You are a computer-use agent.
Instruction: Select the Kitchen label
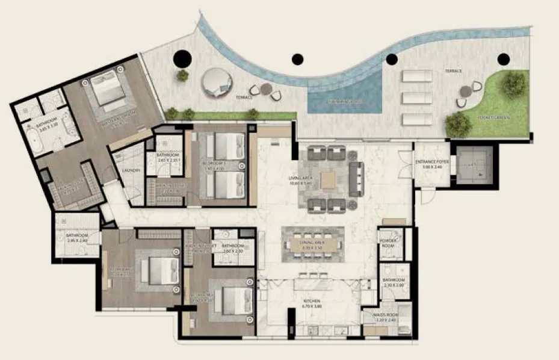coord(311,300)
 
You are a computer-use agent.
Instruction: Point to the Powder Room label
coord(388,242)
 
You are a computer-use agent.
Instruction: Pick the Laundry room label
coord(131,171)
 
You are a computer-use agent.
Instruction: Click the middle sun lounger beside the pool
coord(417,98)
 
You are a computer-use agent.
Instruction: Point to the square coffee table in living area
coord(329,179)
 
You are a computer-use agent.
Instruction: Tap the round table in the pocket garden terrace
coord(466,92)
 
